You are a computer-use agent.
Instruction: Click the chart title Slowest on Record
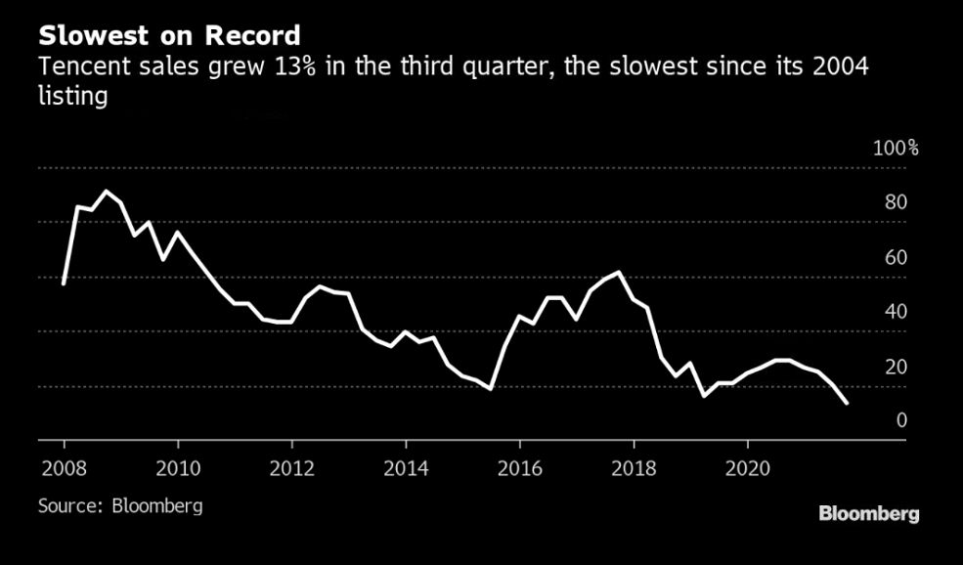(x=169, y=35)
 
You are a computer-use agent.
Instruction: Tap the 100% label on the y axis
(x=896, y=149)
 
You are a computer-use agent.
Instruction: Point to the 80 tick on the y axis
(x=897, y=203)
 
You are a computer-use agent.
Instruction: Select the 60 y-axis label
(x=897, y=258)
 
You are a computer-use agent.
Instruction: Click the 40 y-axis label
(x=897, y=312)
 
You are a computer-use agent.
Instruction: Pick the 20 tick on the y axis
(x=897, y=367)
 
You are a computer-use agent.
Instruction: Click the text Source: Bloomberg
(x=120, y=506)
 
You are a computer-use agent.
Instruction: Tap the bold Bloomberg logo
(x=868, y=514)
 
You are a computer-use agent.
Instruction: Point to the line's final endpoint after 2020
(x=846, y=403)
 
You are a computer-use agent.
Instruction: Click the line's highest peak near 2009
(x=107, y=192)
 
